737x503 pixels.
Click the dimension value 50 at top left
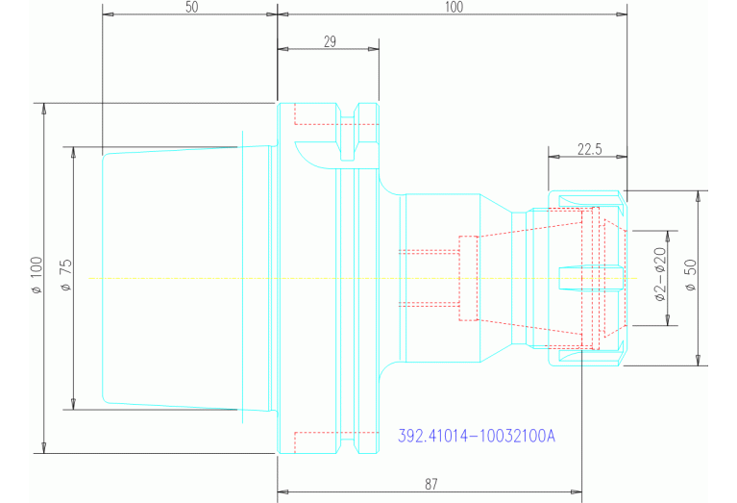192,8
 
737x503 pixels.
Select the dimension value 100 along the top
454,8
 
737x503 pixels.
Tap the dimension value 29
330,42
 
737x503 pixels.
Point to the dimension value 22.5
589,149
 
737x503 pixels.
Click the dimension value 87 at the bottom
431,484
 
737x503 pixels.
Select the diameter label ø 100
37,275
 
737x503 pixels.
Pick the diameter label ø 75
66,275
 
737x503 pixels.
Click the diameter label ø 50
691,275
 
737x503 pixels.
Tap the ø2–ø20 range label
660,274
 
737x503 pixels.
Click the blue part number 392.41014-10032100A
477,436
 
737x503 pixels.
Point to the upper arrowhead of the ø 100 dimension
44,109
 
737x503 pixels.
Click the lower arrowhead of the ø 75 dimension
73,404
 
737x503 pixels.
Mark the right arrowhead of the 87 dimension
577,492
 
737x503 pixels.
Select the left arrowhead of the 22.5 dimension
554,156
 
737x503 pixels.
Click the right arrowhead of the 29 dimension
373,49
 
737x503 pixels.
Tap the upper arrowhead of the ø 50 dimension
699,196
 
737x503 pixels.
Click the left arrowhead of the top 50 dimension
109,14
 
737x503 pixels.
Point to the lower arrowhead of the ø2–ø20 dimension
668,320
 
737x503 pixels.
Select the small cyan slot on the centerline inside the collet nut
591,278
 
